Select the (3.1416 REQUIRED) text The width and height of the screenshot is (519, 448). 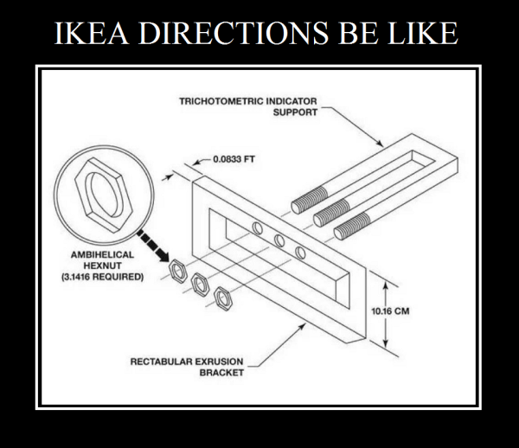[x=102, y=278]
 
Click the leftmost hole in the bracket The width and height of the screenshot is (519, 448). [x=257, y=227]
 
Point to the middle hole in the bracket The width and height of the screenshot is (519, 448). [x=279, y=240]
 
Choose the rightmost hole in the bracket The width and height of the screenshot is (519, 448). [x=301, y=252]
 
